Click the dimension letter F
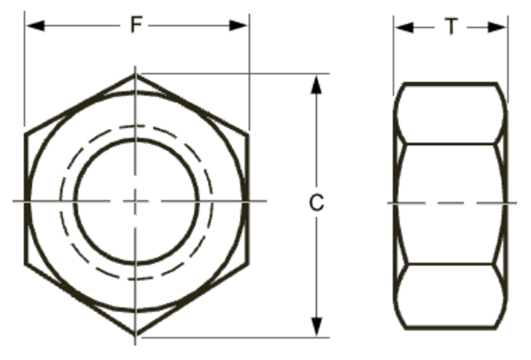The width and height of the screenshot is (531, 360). tap(136, 25)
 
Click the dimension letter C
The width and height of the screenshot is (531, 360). tap(316, 204)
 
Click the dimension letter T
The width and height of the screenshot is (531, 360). tap(451, 27)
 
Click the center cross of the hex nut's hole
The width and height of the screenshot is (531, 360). tap(136, 200)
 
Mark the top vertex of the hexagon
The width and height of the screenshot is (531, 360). tap(136, 74)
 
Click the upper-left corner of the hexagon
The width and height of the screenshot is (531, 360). tap(26, 133)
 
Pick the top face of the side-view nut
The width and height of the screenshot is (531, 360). tap(451, 113)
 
